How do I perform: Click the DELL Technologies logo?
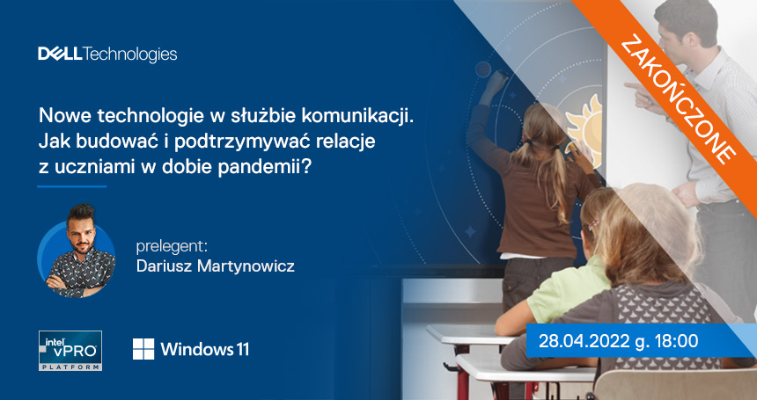(107, 55)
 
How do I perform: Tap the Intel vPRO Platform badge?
(70, 351)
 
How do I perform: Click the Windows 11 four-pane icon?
(143, 349)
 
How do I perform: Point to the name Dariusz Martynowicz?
(216, 266)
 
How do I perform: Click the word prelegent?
(172, 247)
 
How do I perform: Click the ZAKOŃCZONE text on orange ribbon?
(678, 102)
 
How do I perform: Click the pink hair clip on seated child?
(593, 224)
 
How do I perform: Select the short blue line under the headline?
(72, 186)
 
